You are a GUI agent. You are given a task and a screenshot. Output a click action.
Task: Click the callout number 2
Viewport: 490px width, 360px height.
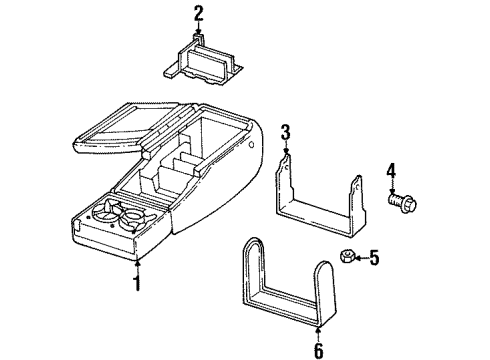coord(198,13)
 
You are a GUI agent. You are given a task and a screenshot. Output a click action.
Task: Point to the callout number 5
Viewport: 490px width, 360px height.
coord(375,259)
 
